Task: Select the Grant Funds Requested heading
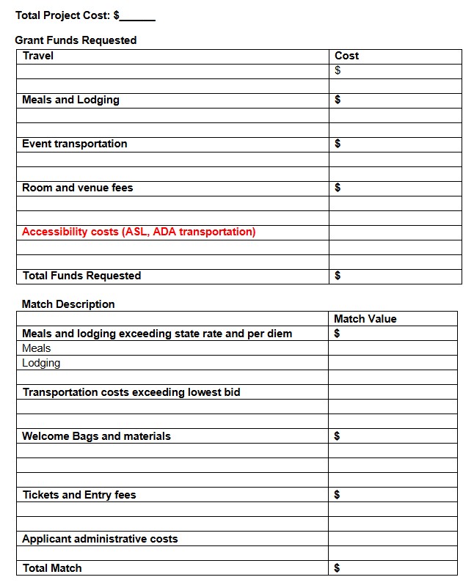click(76, 40)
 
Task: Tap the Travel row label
click(38, 56)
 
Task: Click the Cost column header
click(346, 56)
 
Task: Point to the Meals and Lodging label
click(70, 100)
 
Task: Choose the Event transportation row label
click(74, 144)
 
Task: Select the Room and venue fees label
click(77, 188)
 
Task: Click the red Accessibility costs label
click(139, 232)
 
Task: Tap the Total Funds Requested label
click(81, 276)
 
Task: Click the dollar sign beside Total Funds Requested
click(338, 276)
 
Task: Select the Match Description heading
click(68, 304)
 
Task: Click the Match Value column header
click(365, 319)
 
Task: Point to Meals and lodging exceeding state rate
click(157, 334)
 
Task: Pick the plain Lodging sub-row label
click(41, 363)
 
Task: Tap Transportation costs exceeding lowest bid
click(131, 392)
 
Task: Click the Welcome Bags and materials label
click(96, 436)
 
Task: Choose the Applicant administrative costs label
click(100, 539)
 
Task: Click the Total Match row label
click(52, 568)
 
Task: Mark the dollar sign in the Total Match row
click(338, 568)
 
